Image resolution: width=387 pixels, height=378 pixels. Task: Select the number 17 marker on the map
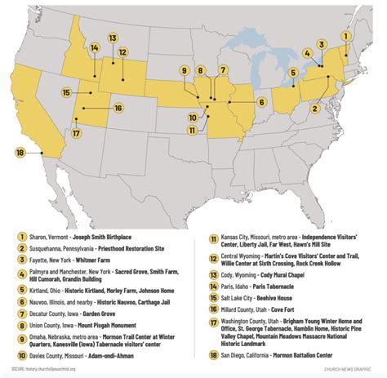coord(76,133)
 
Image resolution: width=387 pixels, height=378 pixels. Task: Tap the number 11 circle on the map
coord(189,130)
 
